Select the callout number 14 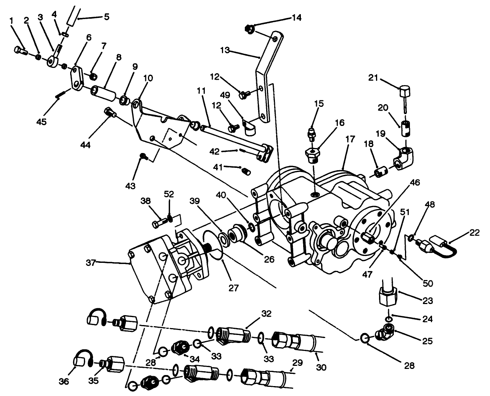click(x=297, y=18)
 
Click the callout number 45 click(x=41, y=122)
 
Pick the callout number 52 click(x=169, y=194)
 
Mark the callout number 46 click(x=415, y=182)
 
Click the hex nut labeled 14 click(x=249, y=29)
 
